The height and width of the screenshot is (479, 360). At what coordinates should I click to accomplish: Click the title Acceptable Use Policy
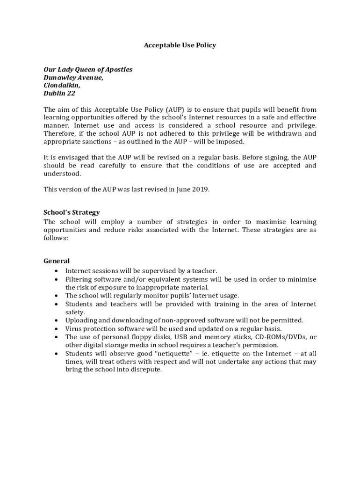click(180, 45)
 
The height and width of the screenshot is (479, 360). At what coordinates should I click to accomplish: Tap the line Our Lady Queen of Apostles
click(88, 69)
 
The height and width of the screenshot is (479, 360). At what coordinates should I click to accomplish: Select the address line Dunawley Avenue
click(73, 78)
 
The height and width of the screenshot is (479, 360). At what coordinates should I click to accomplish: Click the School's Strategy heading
click(72, 212)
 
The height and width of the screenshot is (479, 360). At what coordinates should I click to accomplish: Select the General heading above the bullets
click(57, 261)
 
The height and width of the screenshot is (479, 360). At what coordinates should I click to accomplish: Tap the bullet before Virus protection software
click(57, 329)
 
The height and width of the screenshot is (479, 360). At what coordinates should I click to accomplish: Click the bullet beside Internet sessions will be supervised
click(57, 271)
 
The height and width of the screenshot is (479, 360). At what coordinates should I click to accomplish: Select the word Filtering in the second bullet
click(78, 279)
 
